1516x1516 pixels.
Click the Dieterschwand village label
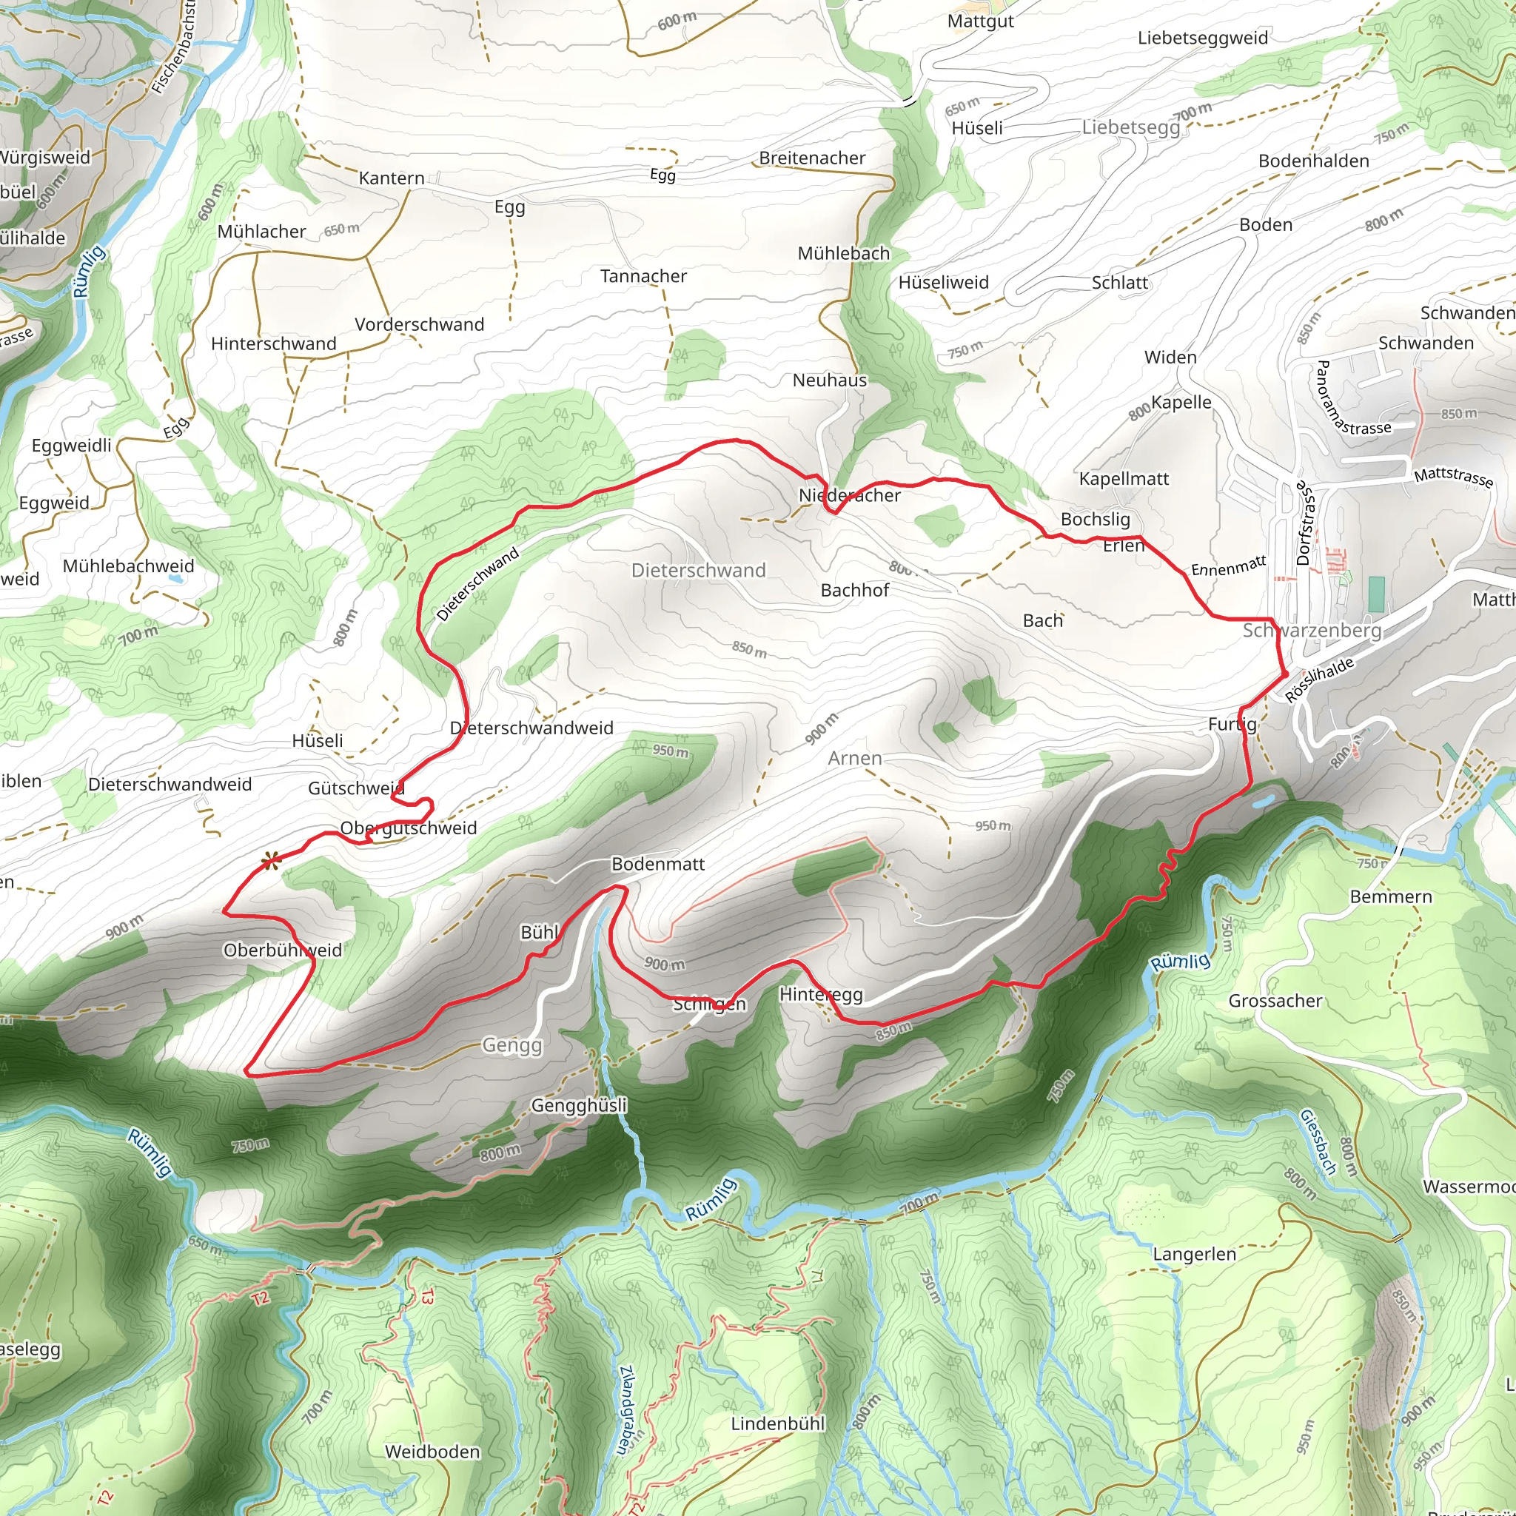[698, 571]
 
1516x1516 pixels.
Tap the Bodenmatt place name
[657, 864]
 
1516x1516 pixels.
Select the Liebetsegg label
[1131, 127]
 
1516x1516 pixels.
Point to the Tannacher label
[643, 276]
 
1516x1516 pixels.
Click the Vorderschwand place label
[419, 325]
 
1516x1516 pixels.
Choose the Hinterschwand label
[273, 343]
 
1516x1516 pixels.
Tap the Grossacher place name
[1275, 1001]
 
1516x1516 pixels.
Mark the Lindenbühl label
[778, 1423]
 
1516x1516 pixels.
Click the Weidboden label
[432, 1452]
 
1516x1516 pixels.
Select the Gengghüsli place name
[579, 1105]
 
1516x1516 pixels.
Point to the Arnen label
[854, 758]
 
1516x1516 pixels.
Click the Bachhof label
[854, 590]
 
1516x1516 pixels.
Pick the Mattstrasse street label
[1453, 477]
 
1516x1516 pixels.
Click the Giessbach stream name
[1318, 1141]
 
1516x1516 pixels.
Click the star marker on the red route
[271, 861]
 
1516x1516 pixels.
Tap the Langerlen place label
[1194, 1254]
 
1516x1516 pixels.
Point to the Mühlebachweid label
[129, 566]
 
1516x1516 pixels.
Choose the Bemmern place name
[1391, 896]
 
